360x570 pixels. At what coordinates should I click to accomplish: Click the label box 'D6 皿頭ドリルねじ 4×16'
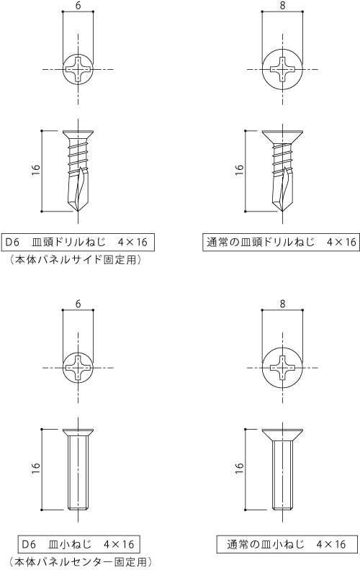click(x=78, y=242)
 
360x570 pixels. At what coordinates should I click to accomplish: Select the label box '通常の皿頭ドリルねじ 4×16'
click(x=281, y=242)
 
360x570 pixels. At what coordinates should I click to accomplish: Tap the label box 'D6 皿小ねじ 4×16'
click(x=78, y=544)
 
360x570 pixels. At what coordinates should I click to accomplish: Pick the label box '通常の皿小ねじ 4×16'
click(x=287, y=544)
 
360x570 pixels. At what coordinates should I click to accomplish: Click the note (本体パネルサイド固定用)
click(x=76, y=260)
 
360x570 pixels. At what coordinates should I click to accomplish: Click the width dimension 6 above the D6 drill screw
click(x=78, y=6)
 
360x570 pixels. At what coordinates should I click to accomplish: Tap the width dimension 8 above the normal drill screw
click(x=282, y=6)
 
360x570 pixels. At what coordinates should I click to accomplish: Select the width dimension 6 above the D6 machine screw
click(x=78, y=304)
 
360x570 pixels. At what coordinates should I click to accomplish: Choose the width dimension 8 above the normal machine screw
click(x=282, y=304)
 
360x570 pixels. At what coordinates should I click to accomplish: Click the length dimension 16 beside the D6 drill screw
click(x=35, y=170)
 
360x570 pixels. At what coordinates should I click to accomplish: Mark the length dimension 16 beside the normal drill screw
click(x=239, y=170)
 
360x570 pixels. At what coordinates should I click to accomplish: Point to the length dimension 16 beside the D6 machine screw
click(x=35, y=469)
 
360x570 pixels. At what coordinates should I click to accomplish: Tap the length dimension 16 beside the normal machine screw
click(x=239, y=469)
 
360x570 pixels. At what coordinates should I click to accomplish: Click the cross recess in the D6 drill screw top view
click(x=78, y=69)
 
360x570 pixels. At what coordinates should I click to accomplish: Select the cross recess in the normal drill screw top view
click(x=282, y=69)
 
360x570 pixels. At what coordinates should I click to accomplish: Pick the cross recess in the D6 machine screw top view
click(x=78, y=368)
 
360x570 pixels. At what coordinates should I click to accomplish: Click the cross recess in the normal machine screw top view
click(x=282, y=368)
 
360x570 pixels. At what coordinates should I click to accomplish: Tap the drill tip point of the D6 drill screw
click(x=78, y=211)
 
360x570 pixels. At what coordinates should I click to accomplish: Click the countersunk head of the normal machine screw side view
click(x=282, y=435)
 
